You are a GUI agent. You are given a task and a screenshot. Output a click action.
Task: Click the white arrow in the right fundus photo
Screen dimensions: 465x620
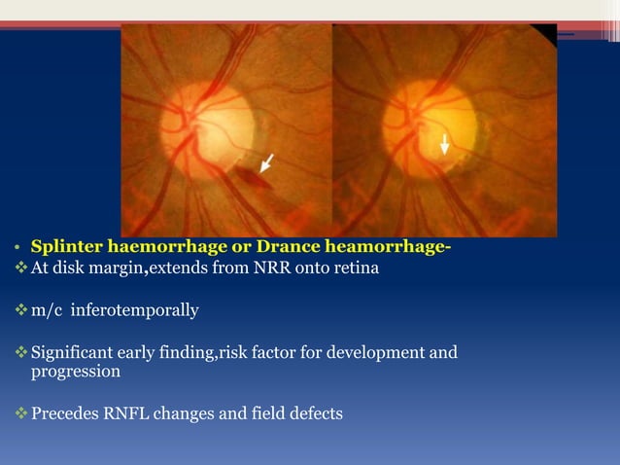point(444,144)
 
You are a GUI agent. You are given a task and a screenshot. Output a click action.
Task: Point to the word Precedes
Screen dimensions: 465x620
point(66,413)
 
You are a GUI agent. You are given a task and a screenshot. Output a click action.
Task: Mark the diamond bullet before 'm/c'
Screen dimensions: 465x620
point(20,310)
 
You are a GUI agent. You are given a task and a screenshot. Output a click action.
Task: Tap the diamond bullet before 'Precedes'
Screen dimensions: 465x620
point(20,413)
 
